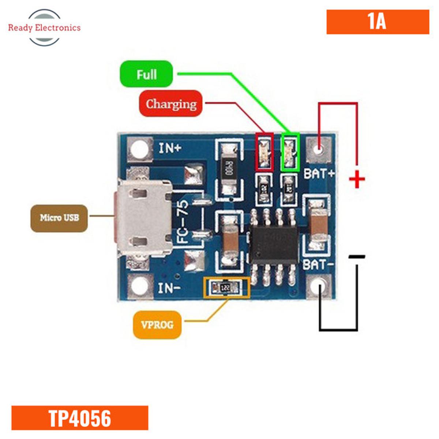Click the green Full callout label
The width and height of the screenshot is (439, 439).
click(146, 74)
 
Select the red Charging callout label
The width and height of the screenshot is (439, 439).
click(171, 104)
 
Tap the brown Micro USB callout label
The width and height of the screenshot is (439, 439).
click(59, 218)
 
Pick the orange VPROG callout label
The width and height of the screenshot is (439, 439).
click(157, 324)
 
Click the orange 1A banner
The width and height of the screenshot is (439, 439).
click(378, 22)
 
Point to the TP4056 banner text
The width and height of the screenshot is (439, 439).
click(80, 418)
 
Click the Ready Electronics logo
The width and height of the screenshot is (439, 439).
click(44, 27)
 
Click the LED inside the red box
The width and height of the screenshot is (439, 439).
click(264, 152)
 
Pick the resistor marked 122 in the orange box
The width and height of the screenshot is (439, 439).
click(226, 288)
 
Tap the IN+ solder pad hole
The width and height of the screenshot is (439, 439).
click(139, 149)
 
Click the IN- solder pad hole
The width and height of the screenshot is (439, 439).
click(139, 286)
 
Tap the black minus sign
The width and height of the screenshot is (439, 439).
click(357, 257)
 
